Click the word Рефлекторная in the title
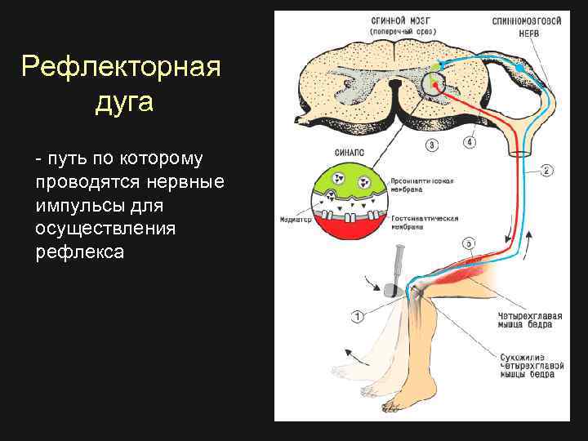click(121, 66)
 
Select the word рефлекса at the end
click(80, 252)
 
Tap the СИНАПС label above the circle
click(347, 152)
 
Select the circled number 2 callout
click(546, 170)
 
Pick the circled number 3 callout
click(431, 145)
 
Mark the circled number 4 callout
click(470, 142)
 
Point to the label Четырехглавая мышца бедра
click(524, 319)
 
